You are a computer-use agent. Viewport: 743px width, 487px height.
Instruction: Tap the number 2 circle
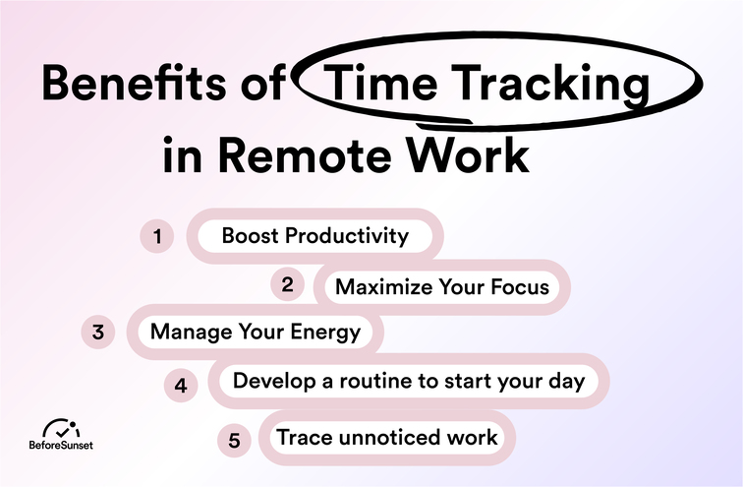tap(287, 285)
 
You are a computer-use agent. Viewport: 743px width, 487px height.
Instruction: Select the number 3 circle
tap(98, 333)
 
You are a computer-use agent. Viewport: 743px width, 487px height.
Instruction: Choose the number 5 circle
tap(234, 440)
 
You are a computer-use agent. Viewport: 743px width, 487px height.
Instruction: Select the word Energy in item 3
tap(325, 333)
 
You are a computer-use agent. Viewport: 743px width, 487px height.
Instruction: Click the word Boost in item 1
tap(248, 236)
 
